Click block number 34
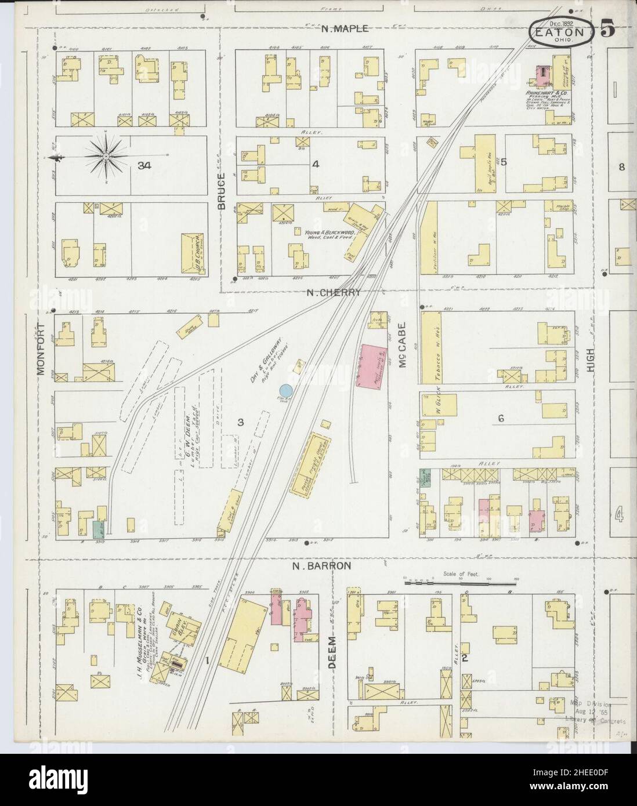click(144, 166)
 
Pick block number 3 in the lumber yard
click(239, 422)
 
